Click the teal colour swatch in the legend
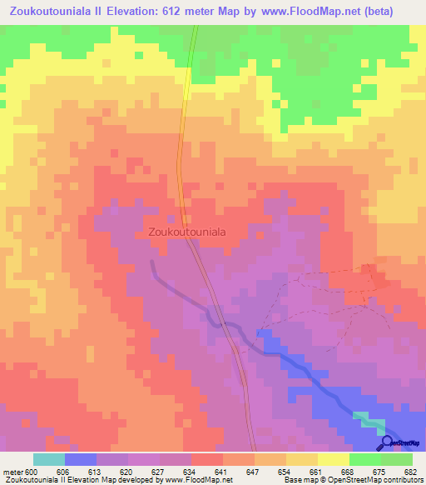coord(49,459)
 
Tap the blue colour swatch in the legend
coord(81,459)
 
